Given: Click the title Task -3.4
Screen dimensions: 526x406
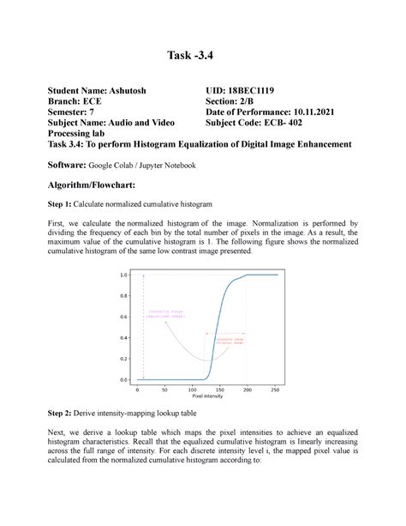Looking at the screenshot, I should coord(203,58).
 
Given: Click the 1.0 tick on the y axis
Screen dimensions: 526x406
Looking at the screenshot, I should coord(124,275).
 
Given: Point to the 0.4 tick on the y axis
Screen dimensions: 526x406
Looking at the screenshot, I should coord(124,338).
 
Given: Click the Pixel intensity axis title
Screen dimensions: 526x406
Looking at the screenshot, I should coord(207,397).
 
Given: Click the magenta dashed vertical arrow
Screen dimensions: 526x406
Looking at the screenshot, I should coord(143,326).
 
